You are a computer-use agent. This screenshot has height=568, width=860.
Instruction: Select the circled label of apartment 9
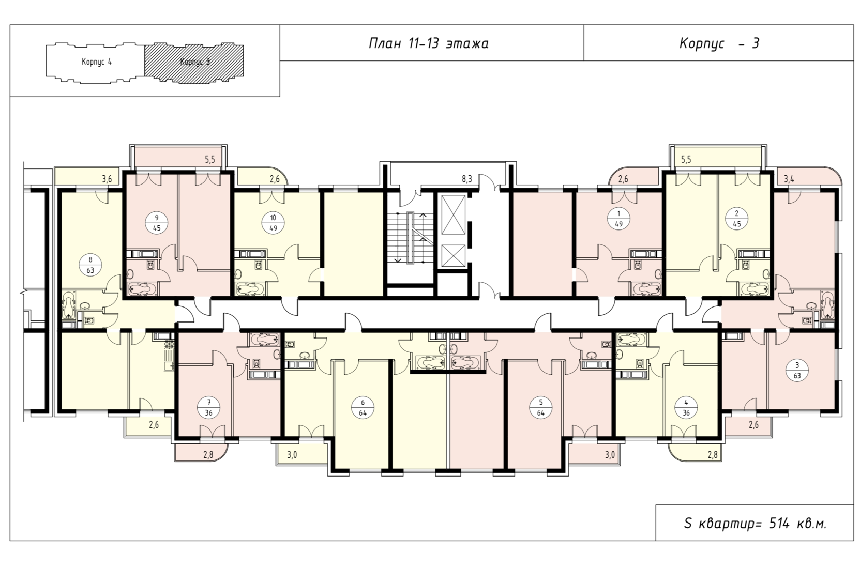157,223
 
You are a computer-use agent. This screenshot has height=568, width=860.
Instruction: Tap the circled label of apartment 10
273,223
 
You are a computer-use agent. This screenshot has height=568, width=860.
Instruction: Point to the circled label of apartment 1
618,219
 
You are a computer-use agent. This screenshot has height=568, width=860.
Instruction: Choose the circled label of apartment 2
737,219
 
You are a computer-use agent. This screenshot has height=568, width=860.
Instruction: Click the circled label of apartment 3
797,371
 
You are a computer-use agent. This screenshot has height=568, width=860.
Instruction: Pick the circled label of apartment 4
686,408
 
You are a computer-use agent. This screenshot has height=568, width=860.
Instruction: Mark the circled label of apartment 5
541,408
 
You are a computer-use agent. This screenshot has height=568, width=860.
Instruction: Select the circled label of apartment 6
363,408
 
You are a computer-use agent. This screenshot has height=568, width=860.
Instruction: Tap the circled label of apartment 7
208,408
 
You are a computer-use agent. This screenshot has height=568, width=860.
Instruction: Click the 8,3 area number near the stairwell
466,179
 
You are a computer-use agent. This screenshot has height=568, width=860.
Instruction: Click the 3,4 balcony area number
789,179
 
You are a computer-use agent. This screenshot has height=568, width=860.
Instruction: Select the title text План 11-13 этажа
429,43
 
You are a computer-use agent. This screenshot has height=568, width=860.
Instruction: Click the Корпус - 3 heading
719,43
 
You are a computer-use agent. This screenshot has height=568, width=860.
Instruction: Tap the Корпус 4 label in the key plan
97,62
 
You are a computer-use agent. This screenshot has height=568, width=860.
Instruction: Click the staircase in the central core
411,238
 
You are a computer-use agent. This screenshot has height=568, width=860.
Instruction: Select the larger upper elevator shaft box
454,214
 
